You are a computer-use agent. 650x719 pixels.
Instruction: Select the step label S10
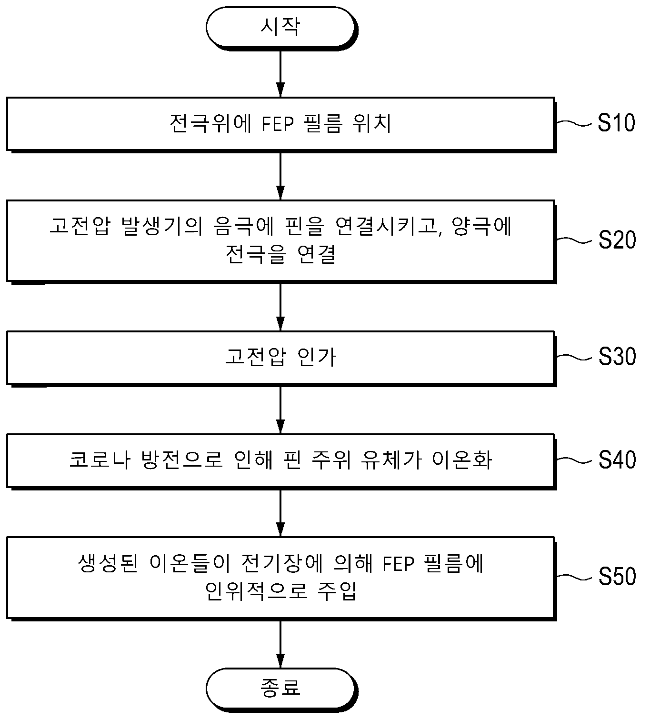coord(616,122)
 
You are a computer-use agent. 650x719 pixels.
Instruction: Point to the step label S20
coord(617,240)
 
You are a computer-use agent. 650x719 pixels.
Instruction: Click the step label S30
coord(617,357)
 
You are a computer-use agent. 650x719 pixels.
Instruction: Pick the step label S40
coord(617,459)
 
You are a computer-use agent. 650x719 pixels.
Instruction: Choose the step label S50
coord(617,576)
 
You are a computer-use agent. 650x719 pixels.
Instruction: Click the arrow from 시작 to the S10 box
coord(281,73)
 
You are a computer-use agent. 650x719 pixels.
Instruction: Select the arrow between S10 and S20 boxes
coord(281,176)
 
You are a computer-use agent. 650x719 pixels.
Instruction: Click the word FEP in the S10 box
coord(278,124)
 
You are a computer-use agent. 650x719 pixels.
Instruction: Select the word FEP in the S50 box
coord(398,564)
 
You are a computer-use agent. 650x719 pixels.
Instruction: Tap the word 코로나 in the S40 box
coord(100,460)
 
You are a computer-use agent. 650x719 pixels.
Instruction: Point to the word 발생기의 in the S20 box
coord(162,226)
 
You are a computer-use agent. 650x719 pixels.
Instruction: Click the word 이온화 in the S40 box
coord(462,460)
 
